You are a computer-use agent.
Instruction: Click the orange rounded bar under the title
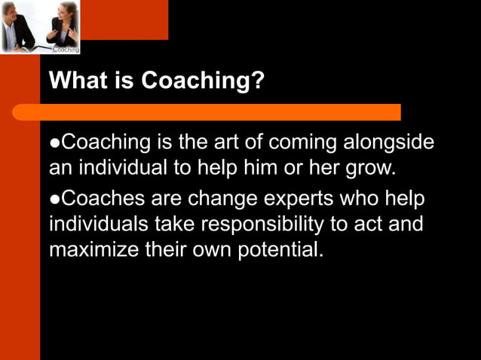click(x=207, y=112)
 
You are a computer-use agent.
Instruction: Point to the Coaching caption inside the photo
click(x=66, y=49)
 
